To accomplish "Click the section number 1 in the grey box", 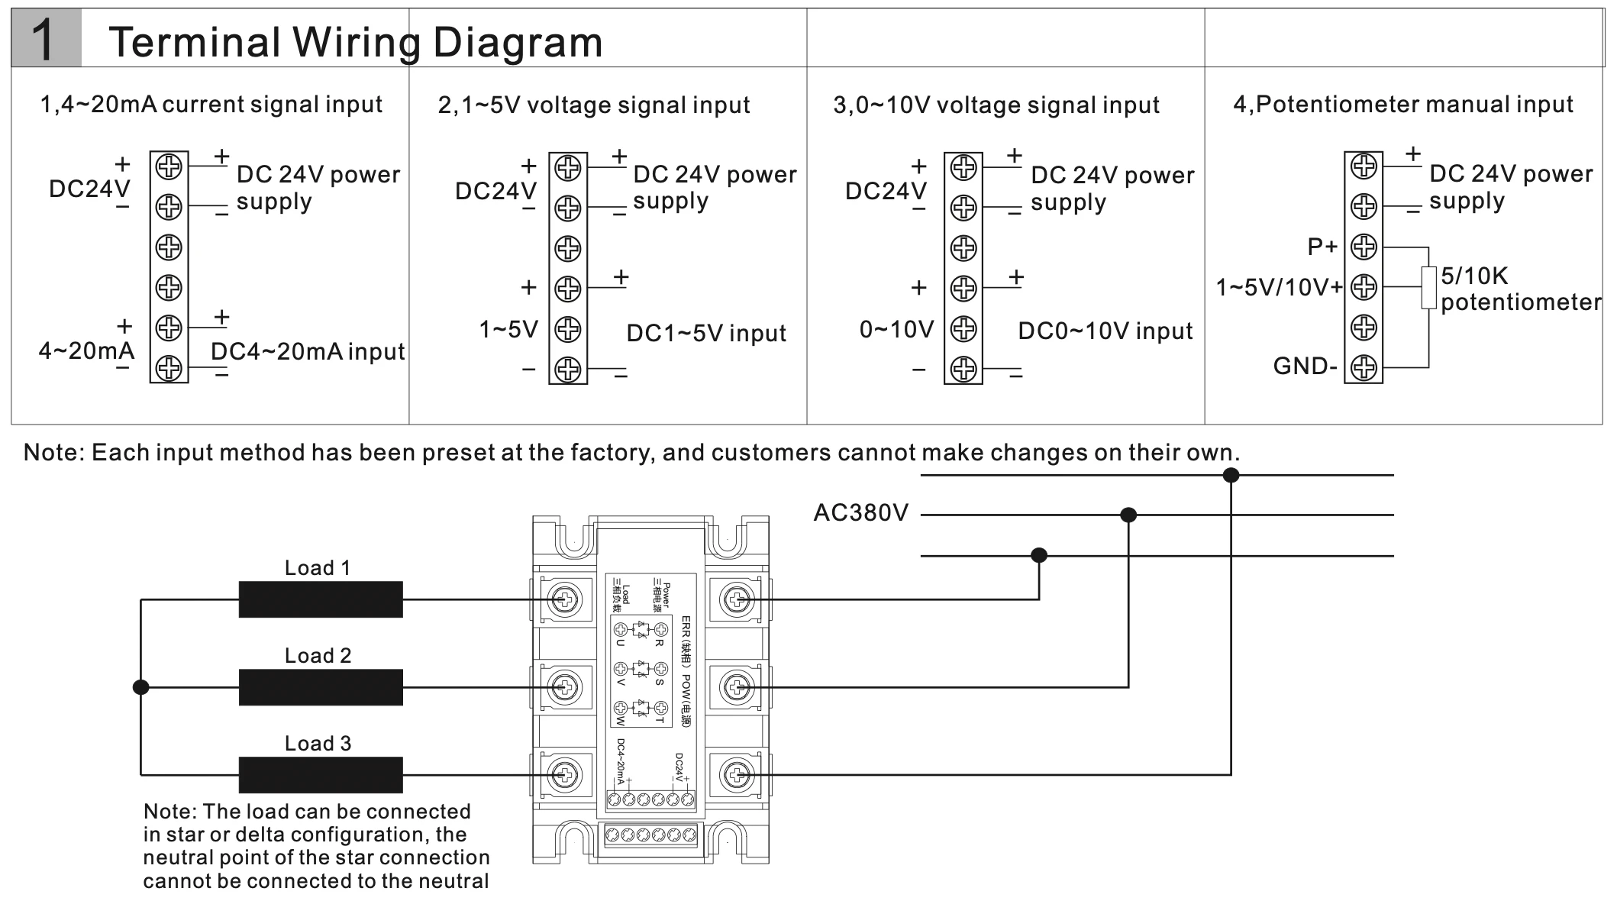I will pyautogui.click(x=44, y=40).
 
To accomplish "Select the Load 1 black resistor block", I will pyautogui.click(x=321, y=599).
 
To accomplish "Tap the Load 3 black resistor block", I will pyautogui.click(x=321, y=775).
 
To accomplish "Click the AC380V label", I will pyautogui.click(x=860, y=512).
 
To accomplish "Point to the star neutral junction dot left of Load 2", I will pyautogui.click(x=140, y=687).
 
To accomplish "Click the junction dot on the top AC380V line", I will pyautogui.click(x=1231, y=475).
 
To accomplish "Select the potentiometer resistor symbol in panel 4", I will pyautogui.click(x=1428, y=288).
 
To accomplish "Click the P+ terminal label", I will pyautogui.click(x=1322, y=247).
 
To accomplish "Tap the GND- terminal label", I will pyautogui.click(x=1304, y=367).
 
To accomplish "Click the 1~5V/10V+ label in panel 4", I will pyautogui.click(x=1279, y=288).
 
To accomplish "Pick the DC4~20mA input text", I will pyautogui.click(x=308, y=351).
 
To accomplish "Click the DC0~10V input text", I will pyautogui.click(x=1105, y=331).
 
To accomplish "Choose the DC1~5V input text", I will pyautogui.click(x=706, y=333).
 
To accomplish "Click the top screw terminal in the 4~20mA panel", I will pyautogui.click(x=169, y=166).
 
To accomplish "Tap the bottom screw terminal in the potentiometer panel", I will pyautogui.click(x=1364, y=368).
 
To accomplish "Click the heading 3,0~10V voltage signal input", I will pyautogui.click(x=996, y=105).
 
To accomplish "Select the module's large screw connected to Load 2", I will pyautogui.click(x=565, y=687).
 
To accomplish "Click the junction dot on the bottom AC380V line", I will pyautogui.click(x=1038, y=555).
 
